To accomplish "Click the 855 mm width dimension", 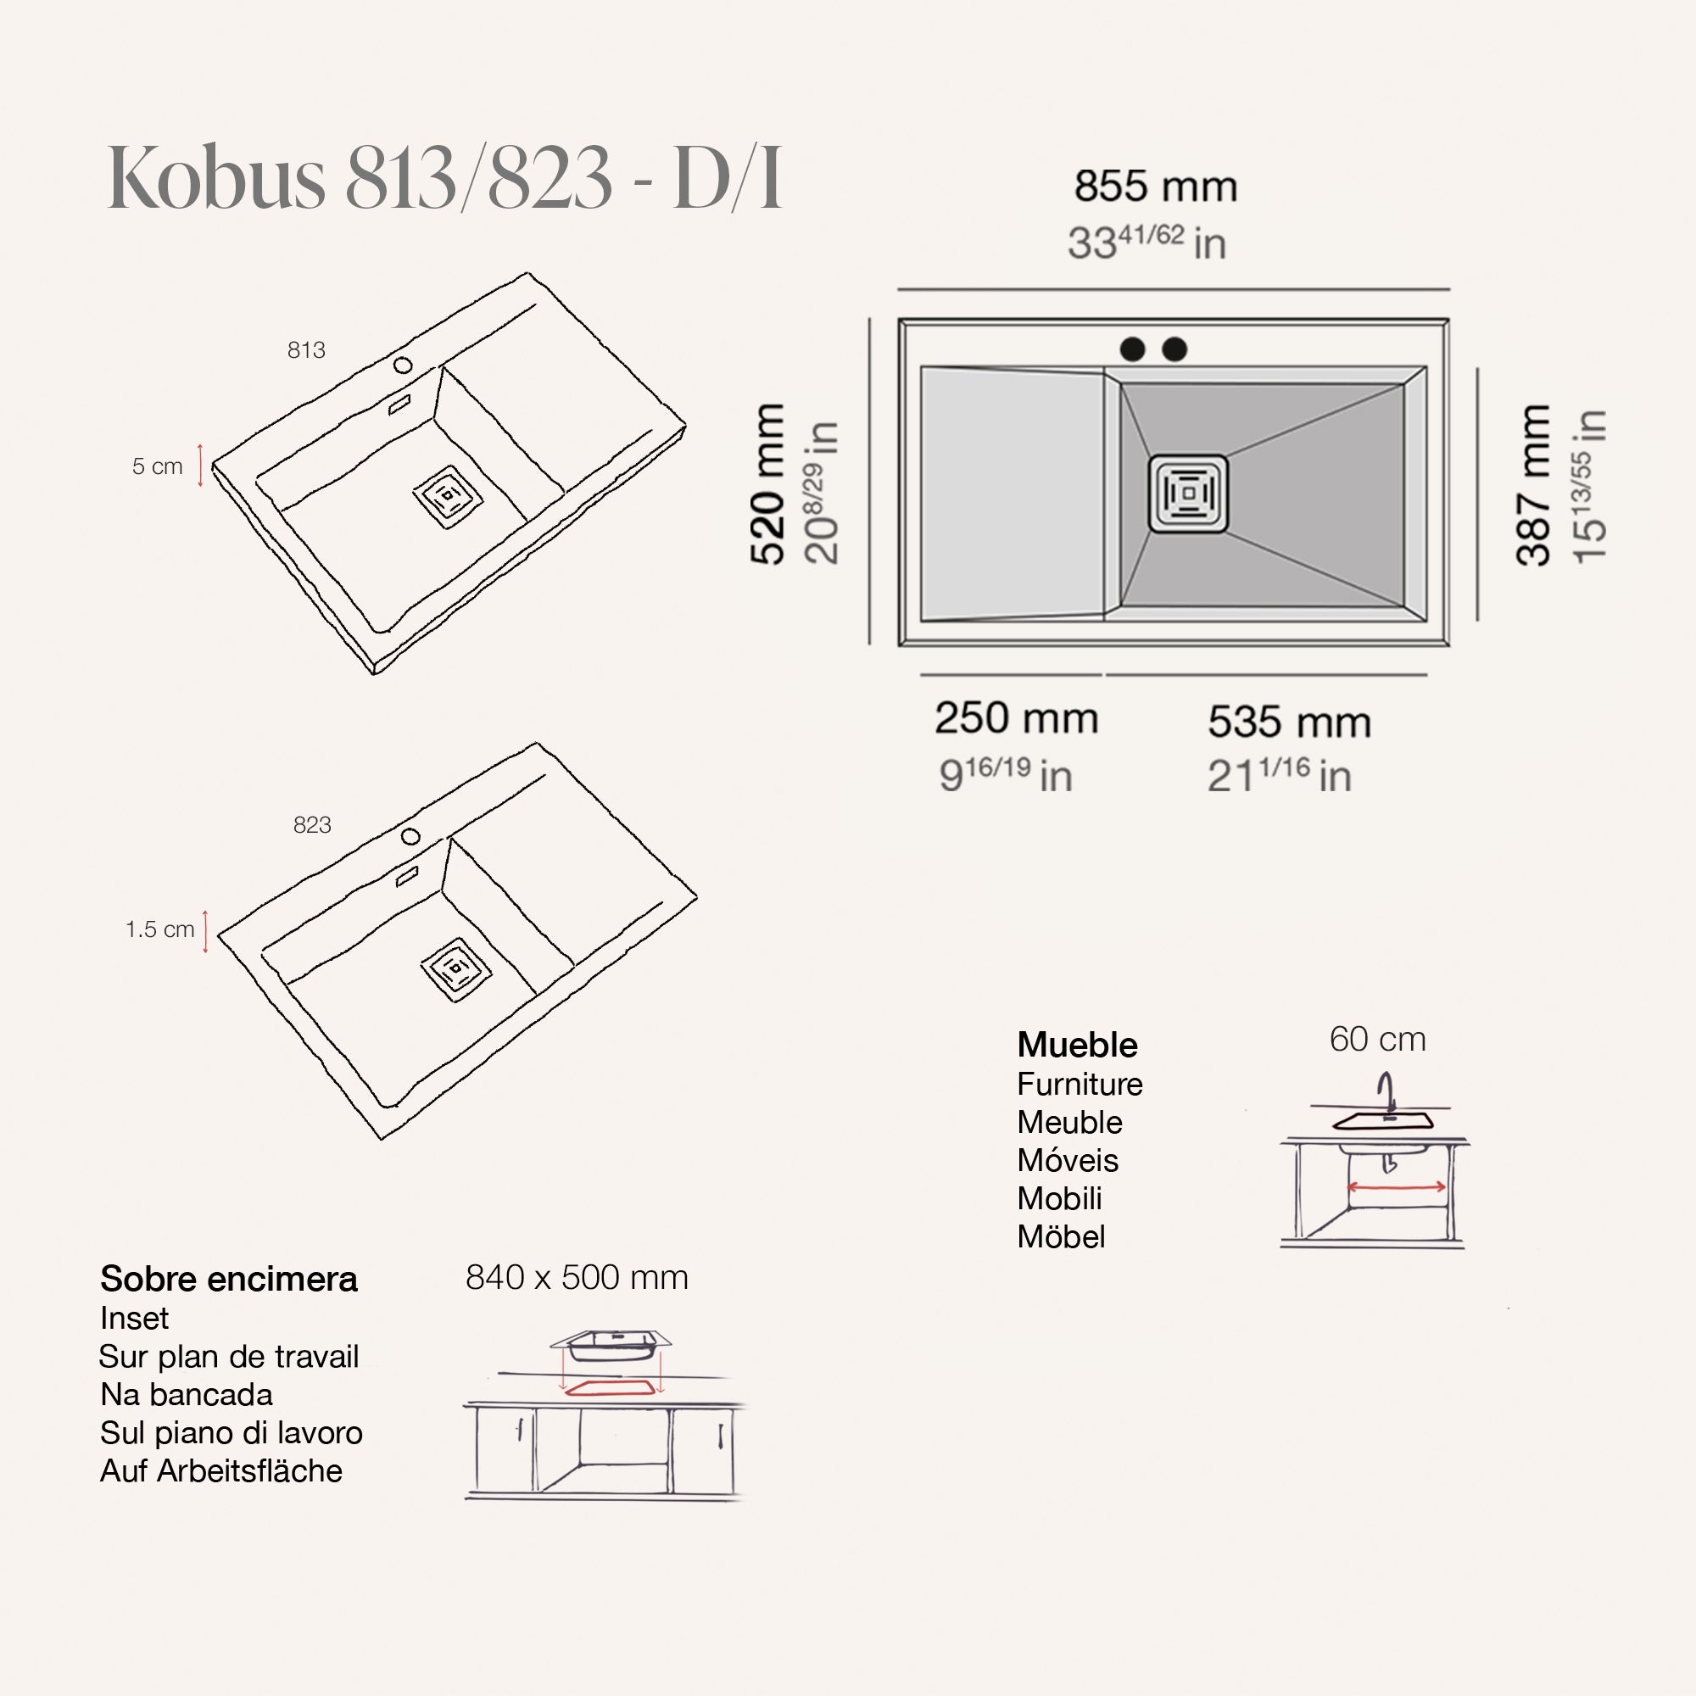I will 1155,187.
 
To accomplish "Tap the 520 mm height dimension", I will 767,483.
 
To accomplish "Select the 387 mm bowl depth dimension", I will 1533,485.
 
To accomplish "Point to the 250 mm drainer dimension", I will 1016,718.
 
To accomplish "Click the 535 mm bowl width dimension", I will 1289,722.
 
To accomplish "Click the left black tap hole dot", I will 1132,349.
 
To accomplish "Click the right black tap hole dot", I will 1174,349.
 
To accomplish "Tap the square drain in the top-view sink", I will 1188,494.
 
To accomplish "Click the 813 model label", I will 306,350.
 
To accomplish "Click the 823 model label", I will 313,825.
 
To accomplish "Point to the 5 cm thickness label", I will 158,466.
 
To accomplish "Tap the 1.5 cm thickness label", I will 159,929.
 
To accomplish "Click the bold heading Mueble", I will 1077,1045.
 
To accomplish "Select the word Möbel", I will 1061,1237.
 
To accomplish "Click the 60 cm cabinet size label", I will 1377,1040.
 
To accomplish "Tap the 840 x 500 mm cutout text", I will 577,1277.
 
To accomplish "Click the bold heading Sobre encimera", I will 229,1279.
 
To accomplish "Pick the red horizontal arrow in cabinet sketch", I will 1396,1187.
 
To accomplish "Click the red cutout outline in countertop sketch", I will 610,1388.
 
